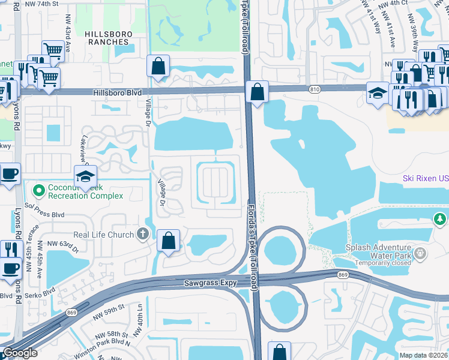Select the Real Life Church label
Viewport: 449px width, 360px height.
[103, 234]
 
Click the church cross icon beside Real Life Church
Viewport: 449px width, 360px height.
[142, 233]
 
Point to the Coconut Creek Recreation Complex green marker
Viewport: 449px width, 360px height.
[40, 191]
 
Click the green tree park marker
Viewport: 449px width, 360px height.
[441, 219]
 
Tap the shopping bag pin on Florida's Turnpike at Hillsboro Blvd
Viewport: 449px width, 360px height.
[257, 92]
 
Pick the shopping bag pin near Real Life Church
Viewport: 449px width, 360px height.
[169, 241]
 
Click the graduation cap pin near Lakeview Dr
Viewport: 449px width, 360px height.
[85, 176]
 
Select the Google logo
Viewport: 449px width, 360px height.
[20, 352]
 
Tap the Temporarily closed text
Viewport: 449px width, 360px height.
[383, 263]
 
